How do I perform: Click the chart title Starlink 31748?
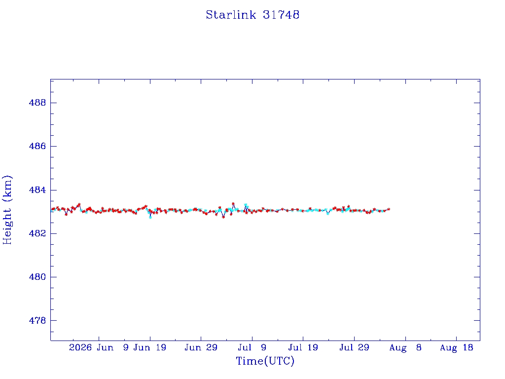click(252, 15)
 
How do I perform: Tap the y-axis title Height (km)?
click(7, 210)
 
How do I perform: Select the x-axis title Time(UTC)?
click(265, 361)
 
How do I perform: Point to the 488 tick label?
click(37, 103)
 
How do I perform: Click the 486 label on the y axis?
click(37, 146)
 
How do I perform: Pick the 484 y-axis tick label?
click(37, 190)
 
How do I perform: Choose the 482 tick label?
click(37, 233)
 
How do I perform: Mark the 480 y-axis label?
click(37, 277)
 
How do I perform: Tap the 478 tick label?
click(37, 321)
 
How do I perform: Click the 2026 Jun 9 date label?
click(99, 348)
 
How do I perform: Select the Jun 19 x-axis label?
click(150, 348)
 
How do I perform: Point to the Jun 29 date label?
click(201, 348)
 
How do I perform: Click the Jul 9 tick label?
click(252, 348)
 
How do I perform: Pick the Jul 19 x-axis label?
click(303, 348)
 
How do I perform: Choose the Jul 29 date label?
click(354, 348)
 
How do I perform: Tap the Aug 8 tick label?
click(405, 348)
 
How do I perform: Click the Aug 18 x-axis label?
click(456, 348)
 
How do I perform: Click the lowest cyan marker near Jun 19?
click(150, 217)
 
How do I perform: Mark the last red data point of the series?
click(389, 209)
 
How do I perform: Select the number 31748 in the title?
click(281, 15)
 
